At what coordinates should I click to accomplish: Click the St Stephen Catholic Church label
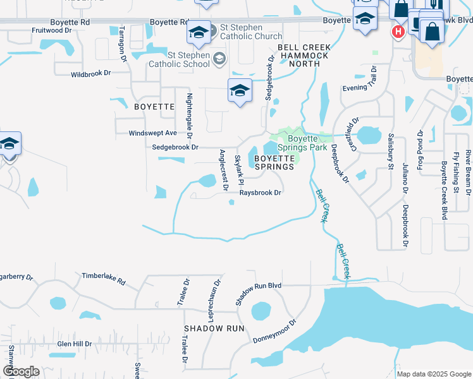point(250,32)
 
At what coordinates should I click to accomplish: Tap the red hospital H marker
point(398,31)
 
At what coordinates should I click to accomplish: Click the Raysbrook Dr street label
point(260,193)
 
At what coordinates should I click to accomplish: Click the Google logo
point(21,371)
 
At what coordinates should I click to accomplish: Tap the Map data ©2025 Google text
point(433,374)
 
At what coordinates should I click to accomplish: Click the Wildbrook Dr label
point(91,74)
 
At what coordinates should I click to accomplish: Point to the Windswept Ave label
point(153,133)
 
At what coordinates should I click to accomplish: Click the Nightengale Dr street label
point(189,116)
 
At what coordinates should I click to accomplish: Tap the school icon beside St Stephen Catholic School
point(219,59)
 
